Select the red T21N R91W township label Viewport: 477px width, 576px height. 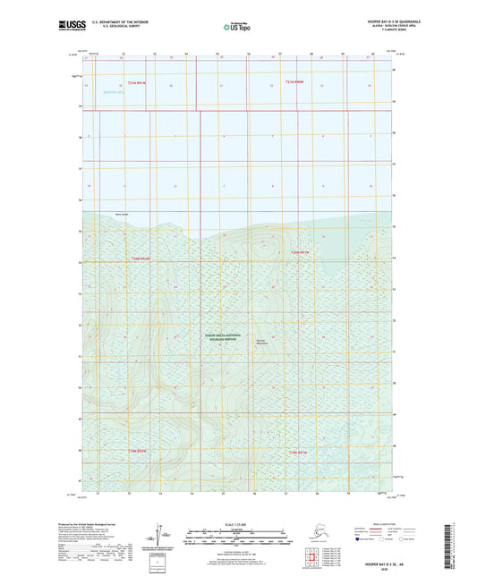(x=135, y=82)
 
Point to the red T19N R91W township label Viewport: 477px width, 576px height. (x=298, y=452)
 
